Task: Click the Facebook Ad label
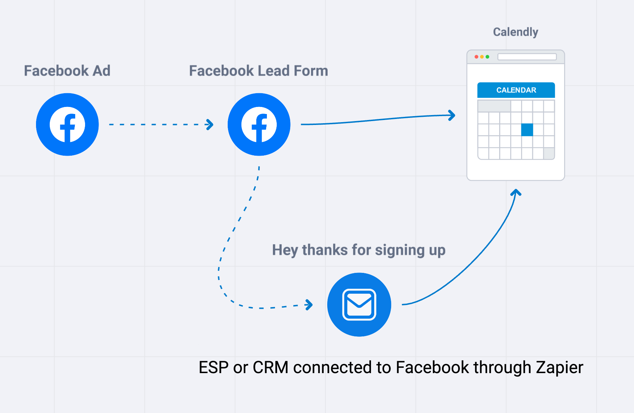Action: pyautogui.click(x=67, y=71)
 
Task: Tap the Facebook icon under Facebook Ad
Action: pyautogui.click(x=67, y=125)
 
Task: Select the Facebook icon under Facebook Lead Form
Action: pyautogui.click(x=259, y=125)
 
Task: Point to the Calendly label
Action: pyautogui.click(x=515, y=32)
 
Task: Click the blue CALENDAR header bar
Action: pyautogui.click(x=516, y=90)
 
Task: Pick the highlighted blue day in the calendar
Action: pyautogui.click(x=527, y=130)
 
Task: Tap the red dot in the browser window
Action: pyautogui.click(x=477, y=57)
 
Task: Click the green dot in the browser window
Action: pyautogui.click(x=488, y=57)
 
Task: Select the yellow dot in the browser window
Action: pyautogui.click(x=482, y=57)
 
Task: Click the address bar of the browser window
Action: pyautogui.click(x=527, y=57)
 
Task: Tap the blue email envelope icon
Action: pyautogui.click(x=359, y=305)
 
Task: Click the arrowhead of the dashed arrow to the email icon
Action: pyautogui.click(x=310, y=305)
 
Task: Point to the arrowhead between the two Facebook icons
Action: pyautogui.click(x=210, y=125)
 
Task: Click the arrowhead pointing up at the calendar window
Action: pyautogui.click(x=516, y=192)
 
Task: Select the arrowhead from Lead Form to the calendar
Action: pyautogui.click(x=452, y=115)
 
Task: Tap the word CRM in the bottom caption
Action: pyautogui.click(x=270, y=367)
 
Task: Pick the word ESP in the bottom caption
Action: pyautogui.click(x=214, y=367)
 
